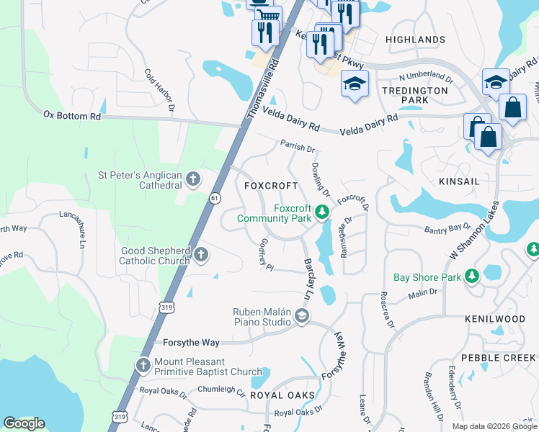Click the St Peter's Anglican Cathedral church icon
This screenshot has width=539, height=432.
(x=192, y=179)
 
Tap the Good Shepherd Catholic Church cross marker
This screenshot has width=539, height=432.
(x=201, y=254)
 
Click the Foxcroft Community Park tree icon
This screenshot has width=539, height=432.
(x=323, y=212)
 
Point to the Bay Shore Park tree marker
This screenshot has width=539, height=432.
(x=471, y=276)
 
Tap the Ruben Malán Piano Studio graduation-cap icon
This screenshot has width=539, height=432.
(x=302, y=315)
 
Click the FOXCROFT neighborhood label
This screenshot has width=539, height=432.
(x=271, y=186)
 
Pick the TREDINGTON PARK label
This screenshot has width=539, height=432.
(x=415, y=96)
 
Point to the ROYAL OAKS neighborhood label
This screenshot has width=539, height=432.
(x=282, y=396)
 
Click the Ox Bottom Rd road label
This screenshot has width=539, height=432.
(x=72, y=115)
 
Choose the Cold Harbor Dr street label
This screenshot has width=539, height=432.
(x=160, y=90)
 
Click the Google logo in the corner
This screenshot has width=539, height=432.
(x=24, y=423)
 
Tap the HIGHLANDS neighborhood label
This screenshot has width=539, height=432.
(x=415, y=40)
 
